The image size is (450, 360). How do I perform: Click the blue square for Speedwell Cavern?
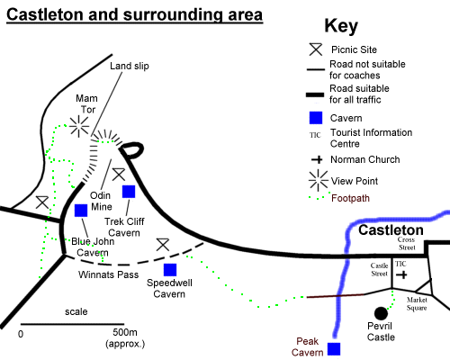pyautogui.click(x=170, y=270)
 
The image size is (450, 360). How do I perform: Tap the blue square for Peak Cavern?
pyautogui.click(x=334, y=349)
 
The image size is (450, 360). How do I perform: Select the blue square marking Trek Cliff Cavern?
pyautogui.click(x=129, y=192)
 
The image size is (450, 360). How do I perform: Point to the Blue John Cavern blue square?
pyautogui.click(x=81, y=211)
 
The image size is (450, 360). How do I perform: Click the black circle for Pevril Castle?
pyautogui.click(x=381, y=313)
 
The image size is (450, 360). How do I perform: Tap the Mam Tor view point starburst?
pyautogui.click(x=79, y=126)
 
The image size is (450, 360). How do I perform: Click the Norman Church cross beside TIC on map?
pyautogui.click(x=402, y=274)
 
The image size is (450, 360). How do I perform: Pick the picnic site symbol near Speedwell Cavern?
pyautogui.click(x=163, y=245)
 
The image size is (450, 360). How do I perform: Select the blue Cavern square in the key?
pyautogui.click(x=316, y=118)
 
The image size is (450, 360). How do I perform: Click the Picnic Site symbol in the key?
pyautogui.click(x=316, y=49)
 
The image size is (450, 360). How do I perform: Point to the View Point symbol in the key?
pyautogui.click(x=319, y=181)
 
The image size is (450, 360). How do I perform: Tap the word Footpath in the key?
pyautogui.click(x=350, y=198)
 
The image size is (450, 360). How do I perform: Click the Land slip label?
pyautogui.click(x=130, y=66)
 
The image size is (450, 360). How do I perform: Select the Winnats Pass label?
pyautogui.click(x=109, y=274)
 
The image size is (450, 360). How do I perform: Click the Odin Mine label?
pyautogui.click(x=101, y=201)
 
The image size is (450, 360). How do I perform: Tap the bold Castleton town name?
pyautogui.click(x=391, y=230)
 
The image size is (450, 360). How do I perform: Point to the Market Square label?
pyautogui.click(x=417, y=304)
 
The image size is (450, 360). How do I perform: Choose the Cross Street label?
pyautogui.click(x=407, y=244)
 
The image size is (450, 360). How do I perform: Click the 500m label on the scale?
pyautogui.click(x=125, y=332)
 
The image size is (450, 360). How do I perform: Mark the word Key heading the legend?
pyautogui.click(x=341, y=26)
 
